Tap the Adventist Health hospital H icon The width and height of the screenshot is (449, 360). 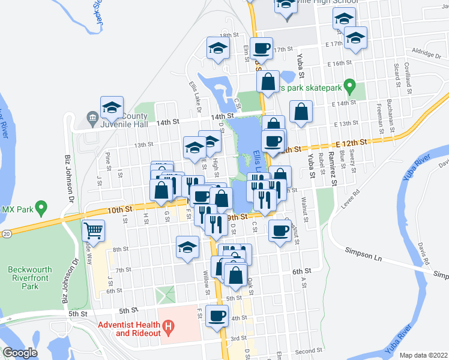point(169,328)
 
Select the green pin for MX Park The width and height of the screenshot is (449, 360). point(41,209)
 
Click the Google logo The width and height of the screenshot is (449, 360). point(20,353)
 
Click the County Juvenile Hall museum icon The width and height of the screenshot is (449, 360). point(92,117)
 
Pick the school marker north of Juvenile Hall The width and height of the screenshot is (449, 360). point(112,107)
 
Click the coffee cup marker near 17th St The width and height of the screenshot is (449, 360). point(262,49)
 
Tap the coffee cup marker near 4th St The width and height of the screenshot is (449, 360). point(217,316)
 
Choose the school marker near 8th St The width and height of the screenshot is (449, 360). point(187,247)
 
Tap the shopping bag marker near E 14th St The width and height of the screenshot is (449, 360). point(301,112)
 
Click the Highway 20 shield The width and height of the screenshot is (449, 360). point(5,232)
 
